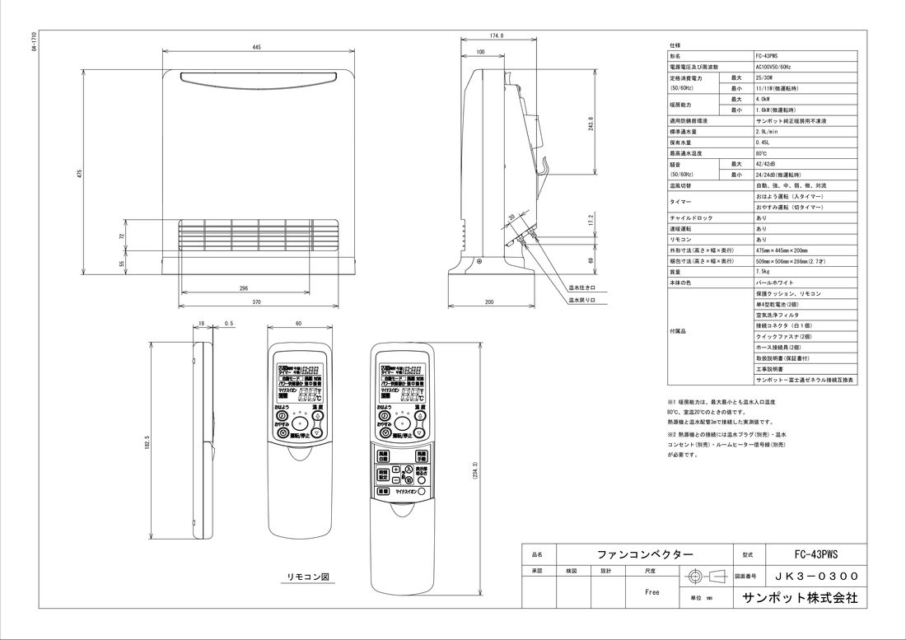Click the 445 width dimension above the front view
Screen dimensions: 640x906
[257, 49]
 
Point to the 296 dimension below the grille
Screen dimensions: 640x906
[244, 287]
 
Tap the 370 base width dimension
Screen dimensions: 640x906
[256, 303]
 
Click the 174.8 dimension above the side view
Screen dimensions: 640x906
[497, 36]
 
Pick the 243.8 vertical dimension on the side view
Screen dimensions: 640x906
[591, 124]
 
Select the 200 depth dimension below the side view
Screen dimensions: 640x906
[489, 302]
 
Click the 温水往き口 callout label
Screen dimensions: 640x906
[581, 288]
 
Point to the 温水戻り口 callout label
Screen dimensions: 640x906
[581, 301]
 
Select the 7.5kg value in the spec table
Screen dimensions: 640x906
[763, 271]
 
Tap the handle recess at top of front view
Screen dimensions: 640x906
[257, 78]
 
